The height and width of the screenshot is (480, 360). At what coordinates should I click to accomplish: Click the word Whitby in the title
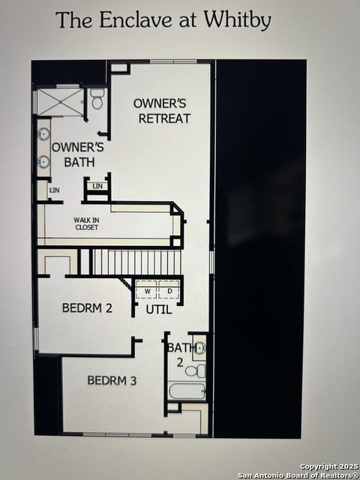click(x=238, y=20)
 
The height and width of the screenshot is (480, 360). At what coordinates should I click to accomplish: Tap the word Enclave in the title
click(x=136, y=20)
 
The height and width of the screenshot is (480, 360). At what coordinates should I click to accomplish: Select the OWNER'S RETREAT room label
click(x=162, y=111)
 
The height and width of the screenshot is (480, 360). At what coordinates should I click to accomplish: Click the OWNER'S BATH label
click(x=78, y=154)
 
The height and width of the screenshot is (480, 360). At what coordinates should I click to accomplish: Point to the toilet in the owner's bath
click(x=97, y=100)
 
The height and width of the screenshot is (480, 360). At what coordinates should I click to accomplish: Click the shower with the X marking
click(x=60, y=102)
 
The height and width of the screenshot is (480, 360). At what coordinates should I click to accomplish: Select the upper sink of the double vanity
click(x=43, y=133)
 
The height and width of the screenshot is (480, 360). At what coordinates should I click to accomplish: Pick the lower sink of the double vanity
click(x=43, y=161)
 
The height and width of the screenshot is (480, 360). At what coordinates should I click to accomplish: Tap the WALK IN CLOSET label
click(x=87, y=223)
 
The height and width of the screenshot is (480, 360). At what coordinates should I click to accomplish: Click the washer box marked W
click(x=147, y=289)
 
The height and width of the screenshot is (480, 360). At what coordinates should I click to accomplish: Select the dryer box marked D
click(x=169, y=289)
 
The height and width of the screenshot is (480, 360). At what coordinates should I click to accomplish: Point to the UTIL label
click(x=158, y=310)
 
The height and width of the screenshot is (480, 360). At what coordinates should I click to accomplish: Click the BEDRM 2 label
click(x=87, y=307)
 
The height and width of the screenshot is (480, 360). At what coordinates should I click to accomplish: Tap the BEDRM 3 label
click(x=112, y=380)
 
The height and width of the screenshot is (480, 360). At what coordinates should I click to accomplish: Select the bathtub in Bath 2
click(x=187, y=391)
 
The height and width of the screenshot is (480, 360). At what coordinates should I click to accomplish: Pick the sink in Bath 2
click(x=199, y=348)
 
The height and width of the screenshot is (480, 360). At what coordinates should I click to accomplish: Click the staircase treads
click(x=136, y=262)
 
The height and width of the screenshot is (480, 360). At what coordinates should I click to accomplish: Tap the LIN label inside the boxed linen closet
click(x=97, y=186)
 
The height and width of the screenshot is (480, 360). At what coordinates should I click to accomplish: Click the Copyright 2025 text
click(x=328, y=466)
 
